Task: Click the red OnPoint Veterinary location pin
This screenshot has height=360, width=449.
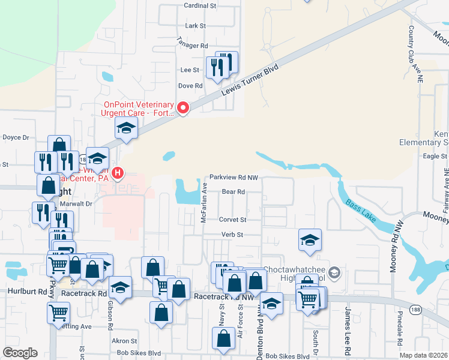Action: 183,108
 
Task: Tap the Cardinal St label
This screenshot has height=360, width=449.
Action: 200,5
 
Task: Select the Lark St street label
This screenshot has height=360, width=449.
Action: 196,26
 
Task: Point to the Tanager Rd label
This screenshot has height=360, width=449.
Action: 191,46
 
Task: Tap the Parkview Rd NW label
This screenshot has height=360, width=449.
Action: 234,178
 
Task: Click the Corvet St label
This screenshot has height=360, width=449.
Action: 232,220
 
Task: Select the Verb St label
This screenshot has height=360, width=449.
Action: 232,235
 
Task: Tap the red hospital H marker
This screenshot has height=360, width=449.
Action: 118,175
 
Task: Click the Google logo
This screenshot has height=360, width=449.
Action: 19,353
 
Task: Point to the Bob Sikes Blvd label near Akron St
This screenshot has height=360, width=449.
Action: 139,352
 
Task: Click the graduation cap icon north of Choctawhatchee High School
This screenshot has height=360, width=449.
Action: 309,240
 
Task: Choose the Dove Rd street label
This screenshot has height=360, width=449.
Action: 191,86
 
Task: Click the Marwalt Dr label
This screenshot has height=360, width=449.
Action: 76,203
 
